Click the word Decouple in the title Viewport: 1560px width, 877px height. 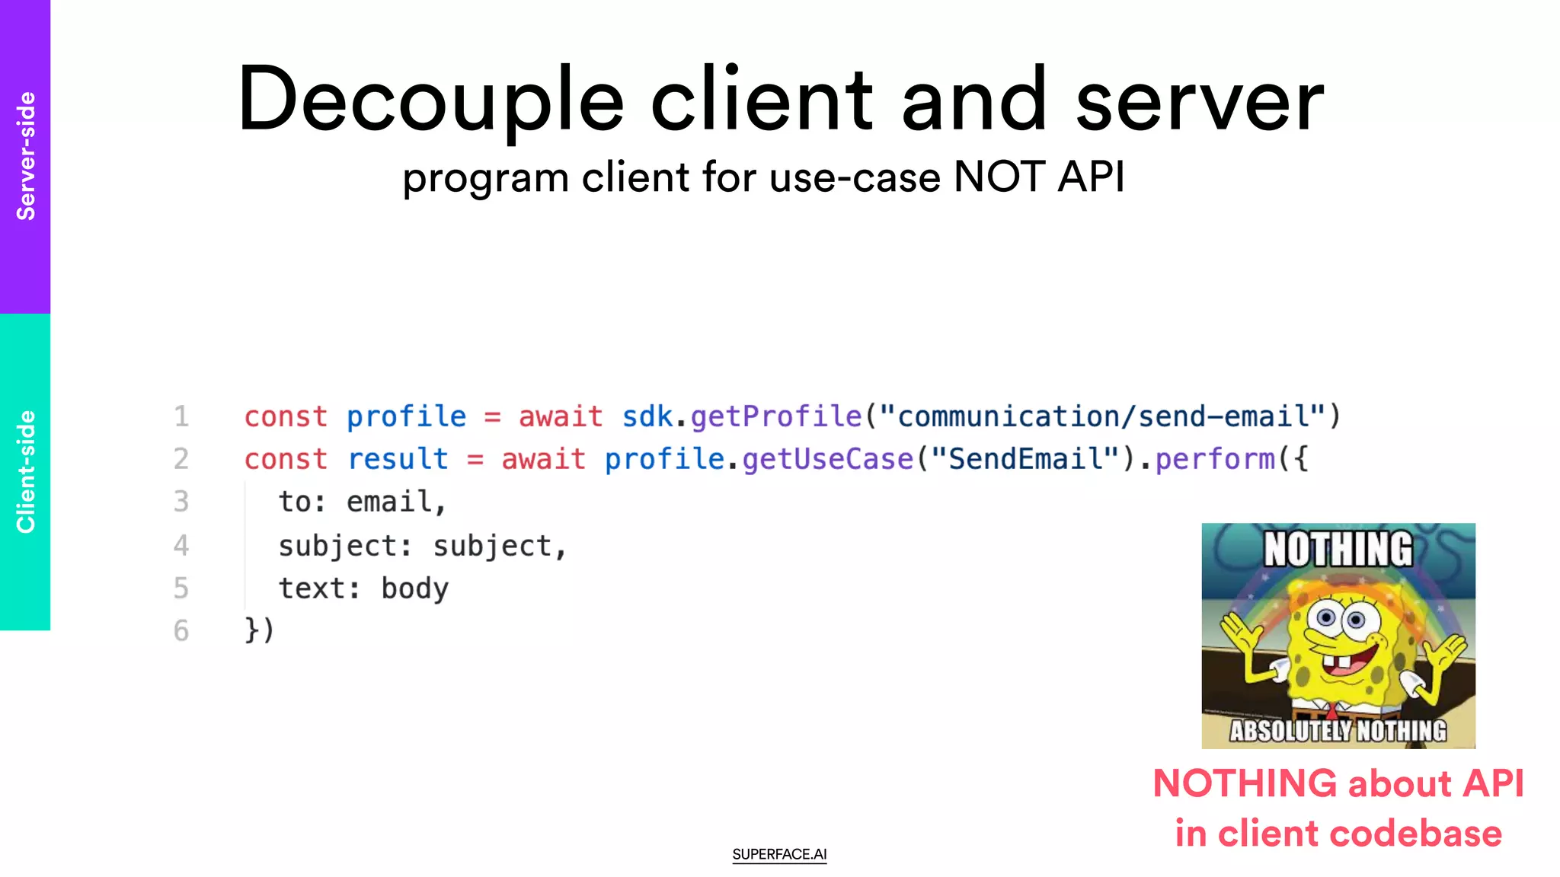coord(430,100)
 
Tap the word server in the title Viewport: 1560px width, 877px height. coord(1200,100)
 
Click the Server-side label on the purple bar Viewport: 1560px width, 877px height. coord(26,156)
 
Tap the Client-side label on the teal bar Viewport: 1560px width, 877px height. coord(26,472)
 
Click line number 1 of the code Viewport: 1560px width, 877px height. coord(181,416)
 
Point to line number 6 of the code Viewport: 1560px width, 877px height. coord(181,630)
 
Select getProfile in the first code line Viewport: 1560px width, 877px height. coord(775,416)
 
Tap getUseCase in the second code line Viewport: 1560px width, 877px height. coord(827,459)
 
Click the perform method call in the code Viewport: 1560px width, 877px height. coord(1215,459)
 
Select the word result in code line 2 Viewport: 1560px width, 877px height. coord(398,459)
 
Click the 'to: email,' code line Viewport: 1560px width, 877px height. coord(362,502)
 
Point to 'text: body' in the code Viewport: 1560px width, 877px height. coord(363,588)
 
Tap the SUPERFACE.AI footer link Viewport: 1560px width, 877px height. coord(779,854)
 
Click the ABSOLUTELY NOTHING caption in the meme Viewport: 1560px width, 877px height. coord(1338,731)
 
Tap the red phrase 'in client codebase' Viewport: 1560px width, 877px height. coord(1338,833)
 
